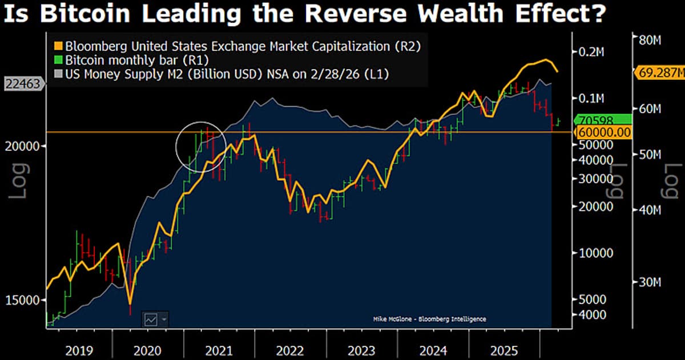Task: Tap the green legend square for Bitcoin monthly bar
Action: pyautogui.click(x=58, y=60)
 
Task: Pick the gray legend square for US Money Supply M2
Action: pyautogui.click(x=58, y=74)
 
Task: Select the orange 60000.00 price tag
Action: pyautogui.click(x=603, y=132)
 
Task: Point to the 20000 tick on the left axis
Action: pyautogui.click(x=23, y=146)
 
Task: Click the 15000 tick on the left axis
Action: pyautogui.click(x=23, y=300)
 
